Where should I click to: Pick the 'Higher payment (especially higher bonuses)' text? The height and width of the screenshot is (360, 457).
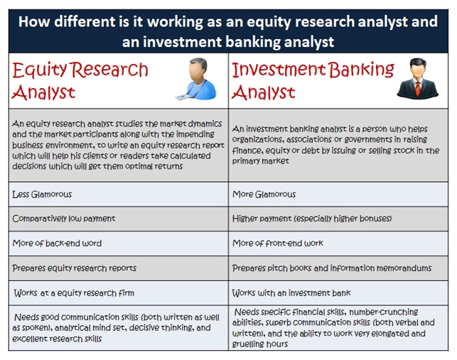click(312, 218)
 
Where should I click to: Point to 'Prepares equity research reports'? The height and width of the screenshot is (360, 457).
click(74, 268)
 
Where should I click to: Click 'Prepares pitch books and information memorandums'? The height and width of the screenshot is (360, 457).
click(332, 268)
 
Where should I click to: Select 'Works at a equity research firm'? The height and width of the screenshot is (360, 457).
click(74, 293)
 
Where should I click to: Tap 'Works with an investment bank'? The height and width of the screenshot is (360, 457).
click(291, 293)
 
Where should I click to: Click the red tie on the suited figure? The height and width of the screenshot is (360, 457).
click(418, 89)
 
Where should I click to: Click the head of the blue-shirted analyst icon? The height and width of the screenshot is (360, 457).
click(198, 70)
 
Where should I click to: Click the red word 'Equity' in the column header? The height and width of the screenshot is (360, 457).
click(40, 70)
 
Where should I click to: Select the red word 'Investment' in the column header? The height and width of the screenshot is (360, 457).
click(279, 70)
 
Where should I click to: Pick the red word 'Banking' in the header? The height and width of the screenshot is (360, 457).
click(361, 70)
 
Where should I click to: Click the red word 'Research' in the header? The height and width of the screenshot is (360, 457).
click(110, 70)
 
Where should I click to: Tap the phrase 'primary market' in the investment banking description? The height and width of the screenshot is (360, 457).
click(261, 161)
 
